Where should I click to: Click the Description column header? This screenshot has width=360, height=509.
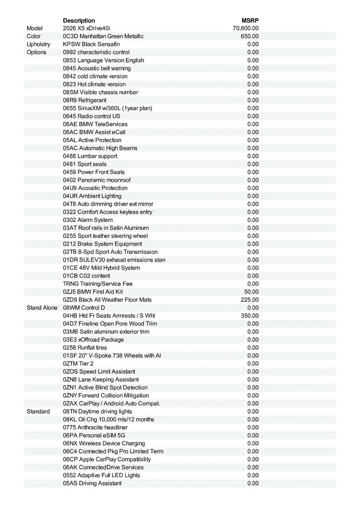tap(79, 20)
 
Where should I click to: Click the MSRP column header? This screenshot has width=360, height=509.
tap(250, 20)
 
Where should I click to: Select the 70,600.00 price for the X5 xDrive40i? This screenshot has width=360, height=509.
tap(246, 28)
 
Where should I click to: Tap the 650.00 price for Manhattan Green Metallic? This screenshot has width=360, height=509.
tap(250, 36)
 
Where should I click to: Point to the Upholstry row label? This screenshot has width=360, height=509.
tap(38, 44)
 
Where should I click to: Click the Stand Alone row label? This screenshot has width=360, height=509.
tap(42, 308)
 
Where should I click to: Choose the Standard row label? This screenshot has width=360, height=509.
tap(38, 411)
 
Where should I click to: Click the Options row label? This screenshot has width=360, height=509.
tap(37, 52)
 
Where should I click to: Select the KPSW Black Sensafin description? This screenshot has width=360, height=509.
tap(91, 44)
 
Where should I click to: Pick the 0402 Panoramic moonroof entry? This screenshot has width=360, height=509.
tap(97, 180)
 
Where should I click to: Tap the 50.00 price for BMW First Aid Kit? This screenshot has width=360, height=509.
tap(251, 292)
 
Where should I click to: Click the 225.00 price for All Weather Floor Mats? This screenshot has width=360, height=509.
tap(250, 300)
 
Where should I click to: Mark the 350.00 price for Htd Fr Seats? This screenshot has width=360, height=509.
tap(250, 316)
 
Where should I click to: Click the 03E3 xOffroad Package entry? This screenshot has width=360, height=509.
tap(93, 340)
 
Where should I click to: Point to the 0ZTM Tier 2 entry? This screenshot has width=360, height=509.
tap(78, 364)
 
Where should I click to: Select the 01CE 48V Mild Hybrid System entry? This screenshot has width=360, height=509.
tap(101, 268)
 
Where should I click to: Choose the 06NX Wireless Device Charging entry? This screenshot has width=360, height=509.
tap(104, 443)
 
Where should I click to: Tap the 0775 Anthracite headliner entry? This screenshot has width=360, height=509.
tap(95, 428)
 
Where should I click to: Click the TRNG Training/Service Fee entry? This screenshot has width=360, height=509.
tap(98, 284)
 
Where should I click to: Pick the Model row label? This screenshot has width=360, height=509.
tap(35, 28)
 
